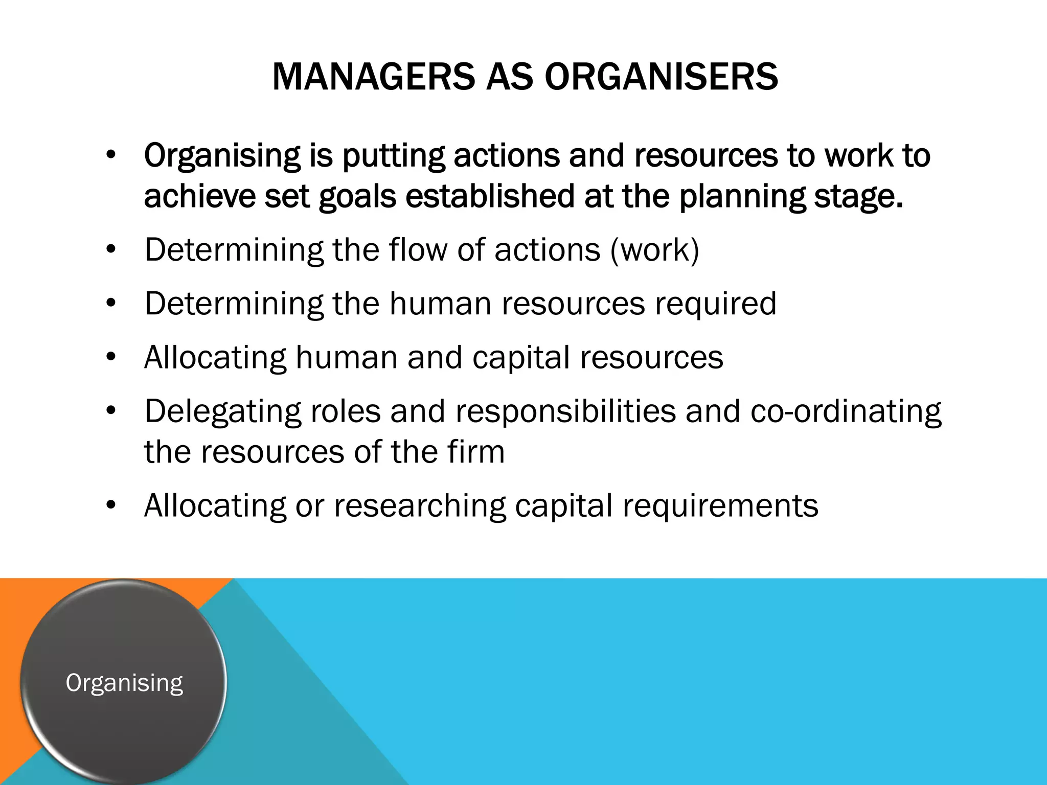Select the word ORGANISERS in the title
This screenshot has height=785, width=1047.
pos(661,77)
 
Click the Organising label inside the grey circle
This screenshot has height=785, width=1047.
pos(124,683)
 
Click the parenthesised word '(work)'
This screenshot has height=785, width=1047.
pos(654,250)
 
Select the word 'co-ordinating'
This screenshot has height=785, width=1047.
pos(846,411)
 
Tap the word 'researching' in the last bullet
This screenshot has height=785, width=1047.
pos(419,506)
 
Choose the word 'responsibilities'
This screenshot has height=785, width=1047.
pos(565,411)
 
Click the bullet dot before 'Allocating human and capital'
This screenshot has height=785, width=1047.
pos(111,357)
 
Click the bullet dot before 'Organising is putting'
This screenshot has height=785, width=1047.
pos(111,155)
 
